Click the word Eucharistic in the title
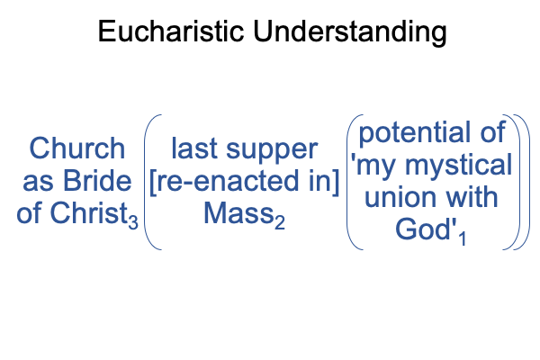coord(171,31)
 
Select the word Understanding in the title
coord(350,32)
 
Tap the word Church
coord(77,148)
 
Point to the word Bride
coord(97,181)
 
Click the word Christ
coord(89,212)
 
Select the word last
coord(194,148)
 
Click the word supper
coord(272,151)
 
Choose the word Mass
coord(238,213)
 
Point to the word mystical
coord(458,166)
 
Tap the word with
coord(470,196)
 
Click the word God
coord(423,229)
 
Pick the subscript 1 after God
coord(463,238)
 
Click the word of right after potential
coord(493,131)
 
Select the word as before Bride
coord(38,183)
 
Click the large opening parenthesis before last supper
coord(145,182)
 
